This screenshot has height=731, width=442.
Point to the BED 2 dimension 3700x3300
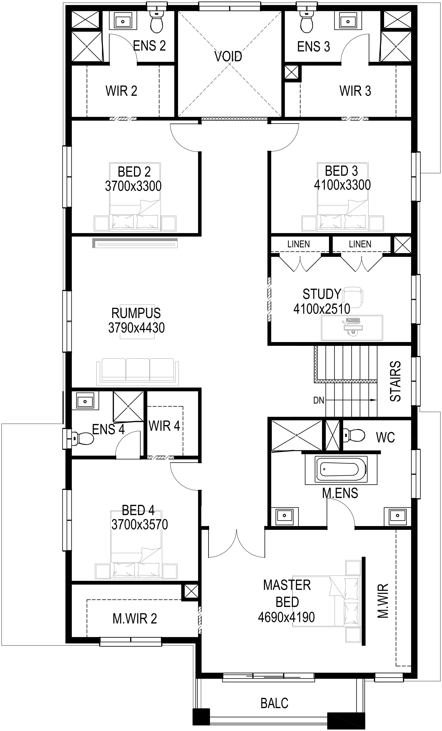coord(133,186)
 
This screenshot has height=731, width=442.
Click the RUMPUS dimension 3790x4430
coord(136,328)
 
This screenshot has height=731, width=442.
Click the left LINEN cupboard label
coord(298,244)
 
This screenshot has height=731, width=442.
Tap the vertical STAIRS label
coord(395,381)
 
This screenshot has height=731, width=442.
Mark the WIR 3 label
coord(355,91)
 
